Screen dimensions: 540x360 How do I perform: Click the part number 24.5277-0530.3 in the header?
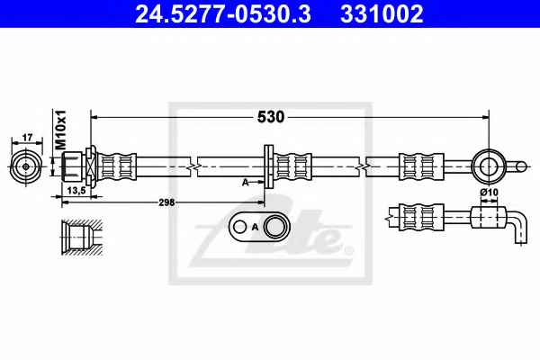[223, 13]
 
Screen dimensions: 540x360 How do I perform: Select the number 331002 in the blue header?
[382, 13]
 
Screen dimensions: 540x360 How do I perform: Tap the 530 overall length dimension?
[271, 117]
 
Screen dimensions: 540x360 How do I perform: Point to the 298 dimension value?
[166, 202]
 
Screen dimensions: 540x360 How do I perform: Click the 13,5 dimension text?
[76, 191]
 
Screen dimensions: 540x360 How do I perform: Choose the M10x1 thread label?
[60, 130]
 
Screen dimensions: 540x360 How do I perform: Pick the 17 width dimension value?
[27, 138]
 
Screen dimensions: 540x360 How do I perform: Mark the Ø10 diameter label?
[490, 192]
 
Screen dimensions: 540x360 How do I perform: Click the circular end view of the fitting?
[26, 166]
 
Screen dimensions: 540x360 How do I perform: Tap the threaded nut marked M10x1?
[73, 166]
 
